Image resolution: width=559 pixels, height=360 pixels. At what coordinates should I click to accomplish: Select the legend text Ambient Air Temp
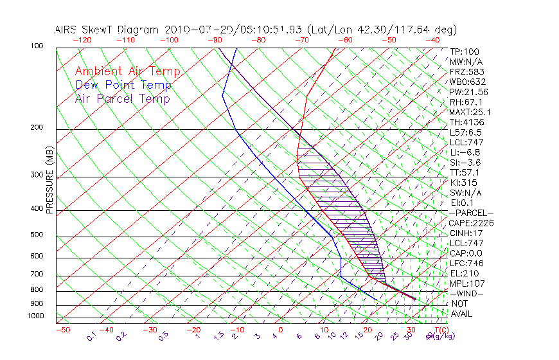click(127, 71)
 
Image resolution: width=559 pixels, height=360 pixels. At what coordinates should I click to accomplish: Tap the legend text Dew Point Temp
click(123, 85)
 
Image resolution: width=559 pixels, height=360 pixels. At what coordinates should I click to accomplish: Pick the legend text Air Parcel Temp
click(122, 98)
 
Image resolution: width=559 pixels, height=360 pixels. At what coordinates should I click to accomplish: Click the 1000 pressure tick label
click(36, 316)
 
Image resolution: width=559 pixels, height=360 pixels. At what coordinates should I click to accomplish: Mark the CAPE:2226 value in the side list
click(471, 223)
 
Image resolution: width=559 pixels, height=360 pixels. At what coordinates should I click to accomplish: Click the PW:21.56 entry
click(469, 92)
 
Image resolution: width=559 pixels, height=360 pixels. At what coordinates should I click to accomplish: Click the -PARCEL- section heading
click(471, 213)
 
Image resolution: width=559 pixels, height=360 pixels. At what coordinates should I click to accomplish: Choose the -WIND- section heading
click(467, 293)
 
